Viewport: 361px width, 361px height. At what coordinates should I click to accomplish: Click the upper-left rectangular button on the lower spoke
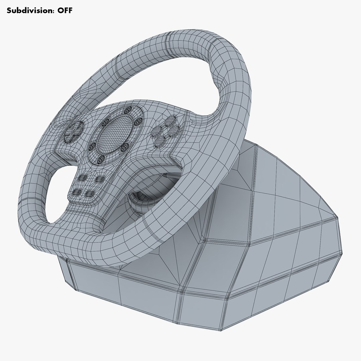(83, 177)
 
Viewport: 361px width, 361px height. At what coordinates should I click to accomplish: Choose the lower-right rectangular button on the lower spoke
(90, 193)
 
